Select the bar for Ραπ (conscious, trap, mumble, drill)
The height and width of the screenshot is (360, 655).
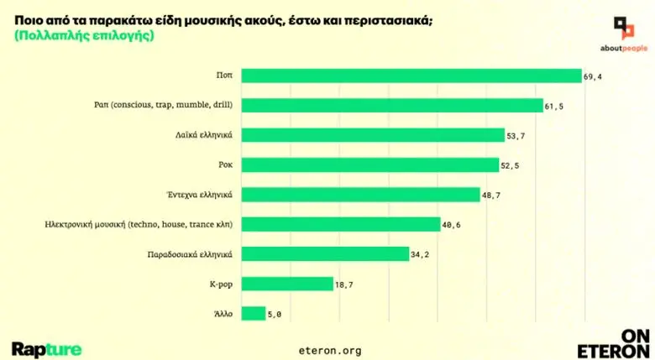[392, 105]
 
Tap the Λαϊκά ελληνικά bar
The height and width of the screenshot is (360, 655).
[373, 134]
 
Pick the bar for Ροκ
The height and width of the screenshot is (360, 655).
[369, 164]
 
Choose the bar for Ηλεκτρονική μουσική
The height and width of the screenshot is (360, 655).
[341, 224]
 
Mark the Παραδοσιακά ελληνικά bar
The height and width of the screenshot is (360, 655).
[325, 253]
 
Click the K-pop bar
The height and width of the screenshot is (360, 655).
[287, 284]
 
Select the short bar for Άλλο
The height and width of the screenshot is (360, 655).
[253, 313]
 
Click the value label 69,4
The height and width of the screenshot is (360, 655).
[593, 76]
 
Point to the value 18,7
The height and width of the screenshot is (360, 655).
[344, 284]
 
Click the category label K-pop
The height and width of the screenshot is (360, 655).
[221, 284]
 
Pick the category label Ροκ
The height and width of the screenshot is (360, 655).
[224, 164]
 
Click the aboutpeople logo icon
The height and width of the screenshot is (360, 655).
[623, 29]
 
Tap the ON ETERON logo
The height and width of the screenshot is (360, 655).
[613, 343]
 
